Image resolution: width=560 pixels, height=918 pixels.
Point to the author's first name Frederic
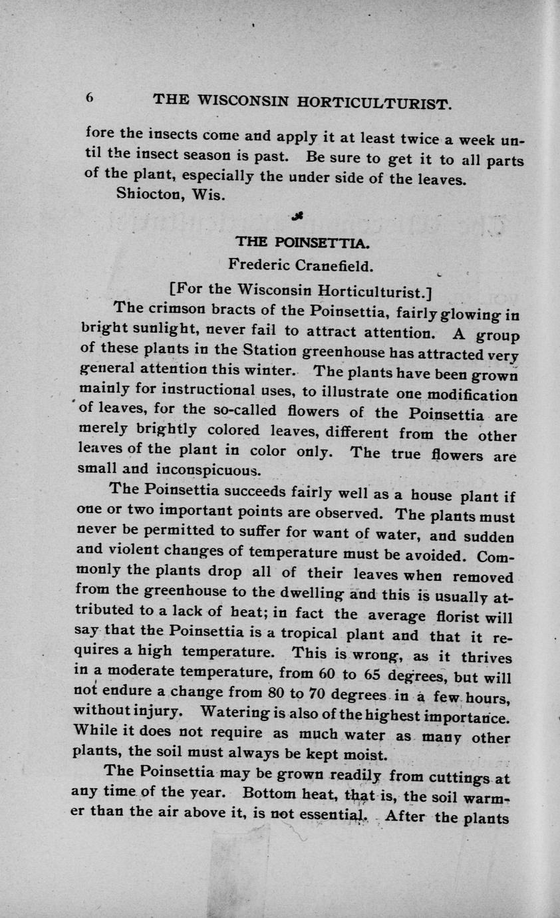259,265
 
